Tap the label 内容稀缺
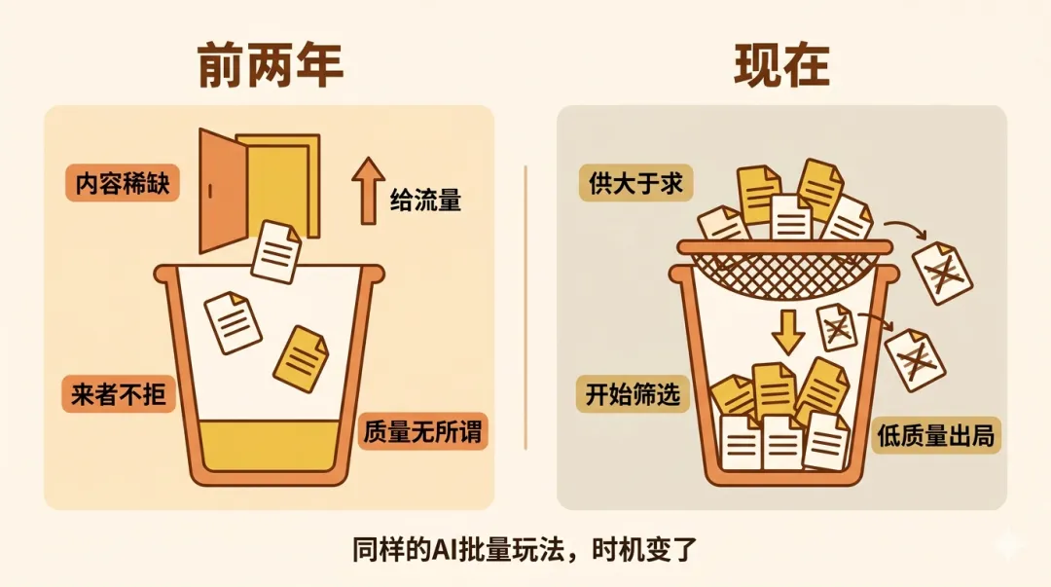click(123, 184)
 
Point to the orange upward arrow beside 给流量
click(368, 191)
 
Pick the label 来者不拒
click(119, 394)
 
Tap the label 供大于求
click(635, 184)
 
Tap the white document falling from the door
click(276, 251)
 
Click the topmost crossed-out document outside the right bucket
click(941, 272)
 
